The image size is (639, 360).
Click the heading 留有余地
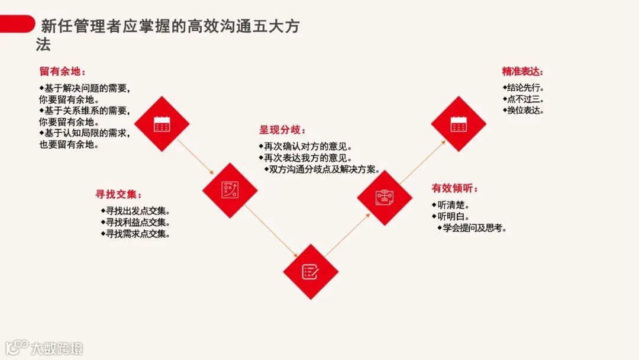[62, 72]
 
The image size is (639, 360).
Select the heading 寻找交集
[118, 194]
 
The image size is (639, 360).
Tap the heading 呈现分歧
[282, 130]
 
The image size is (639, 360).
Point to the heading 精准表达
[522, 72]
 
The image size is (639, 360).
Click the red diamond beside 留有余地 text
[162, 124]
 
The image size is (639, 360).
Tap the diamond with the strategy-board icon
[230, 190]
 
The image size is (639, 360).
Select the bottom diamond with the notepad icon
[310, 271]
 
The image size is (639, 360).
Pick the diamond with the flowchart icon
[385, 197]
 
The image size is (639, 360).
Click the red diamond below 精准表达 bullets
[459, 124]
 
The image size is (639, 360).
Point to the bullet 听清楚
[453, 205]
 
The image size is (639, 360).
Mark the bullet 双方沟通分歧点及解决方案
[323, 169]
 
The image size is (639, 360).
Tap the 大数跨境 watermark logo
[44, 348]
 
